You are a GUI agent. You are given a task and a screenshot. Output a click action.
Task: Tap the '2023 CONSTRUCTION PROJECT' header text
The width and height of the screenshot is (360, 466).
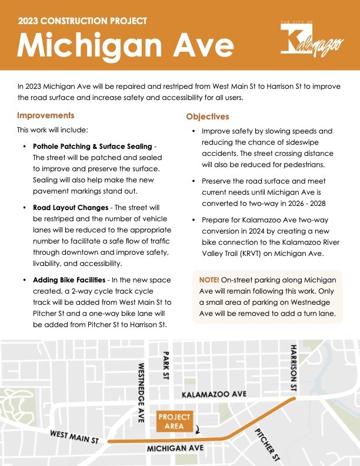coord(82,21)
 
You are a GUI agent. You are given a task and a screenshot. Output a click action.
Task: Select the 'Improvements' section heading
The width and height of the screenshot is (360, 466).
coord(45,115)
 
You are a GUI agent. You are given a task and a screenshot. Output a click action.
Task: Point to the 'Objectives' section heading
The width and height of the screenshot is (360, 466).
coord(208,116)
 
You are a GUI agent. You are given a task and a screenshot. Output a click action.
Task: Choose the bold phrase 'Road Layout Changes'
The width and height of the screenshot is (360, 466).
coord(70,208)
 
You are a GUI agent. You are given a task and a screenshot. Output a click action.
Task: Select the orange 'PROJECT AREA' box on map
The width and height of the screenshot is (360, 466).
coord(175,421)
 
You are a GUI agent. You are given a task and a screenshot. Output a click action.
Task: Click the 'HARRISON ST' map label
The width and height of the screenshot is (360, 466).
coord(293,369)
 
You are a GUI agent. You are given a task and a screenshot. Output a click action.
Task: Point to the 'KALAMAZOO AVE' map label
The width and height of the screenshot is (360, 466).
coord(215,394)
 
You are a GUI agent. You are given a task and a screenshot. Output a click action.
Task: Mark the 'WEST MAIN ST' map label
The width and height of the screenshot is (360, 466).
coord(77,436)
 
